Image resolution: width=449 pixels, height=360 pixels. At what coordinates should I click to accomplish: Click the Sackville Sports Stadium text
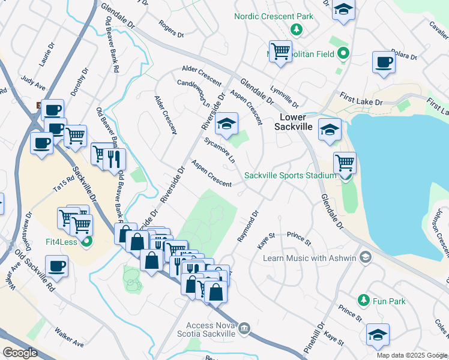coord(290,175)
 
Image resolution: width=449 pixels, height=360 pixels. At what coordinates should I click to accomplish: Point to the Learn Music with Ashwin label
coord(310,258)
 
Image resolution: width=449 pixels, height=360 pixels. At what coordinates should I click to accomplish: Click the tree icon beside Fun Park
coord(363,299)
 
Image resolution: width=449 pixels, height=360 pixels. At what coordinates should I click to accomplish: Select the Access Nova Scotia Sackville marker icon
coord(244,328)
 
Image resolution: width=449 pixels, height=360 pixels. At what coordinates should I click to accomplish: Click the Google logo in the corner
coord(20,352)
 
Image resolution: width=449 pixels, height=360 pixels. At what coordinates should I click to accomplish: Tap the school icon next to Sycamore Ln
coord(227,124)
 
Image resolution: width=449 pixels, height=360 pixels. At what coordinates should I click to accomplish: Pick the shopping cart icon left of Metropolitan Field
coord(280,51)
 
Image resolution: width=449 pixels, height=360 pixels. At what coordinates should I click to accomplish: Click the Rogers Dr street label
coord(171,29)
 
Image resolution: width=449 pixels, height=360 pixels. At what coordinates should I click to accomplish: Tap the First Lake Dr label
coord(360,99)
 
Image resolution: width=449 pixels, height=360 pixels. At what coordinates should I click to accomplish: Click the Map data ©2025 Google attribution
coord(412,355)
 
